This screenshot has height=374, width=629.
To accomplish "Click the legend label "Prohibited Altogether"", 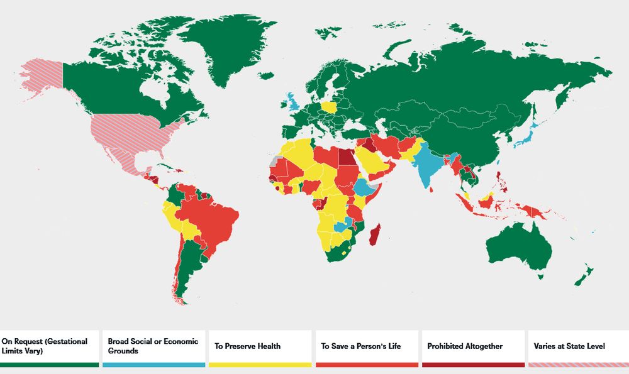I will click(x=465, y=346).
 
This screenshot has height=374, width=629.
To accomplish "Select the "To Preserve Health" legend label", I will click(x=247, y=346).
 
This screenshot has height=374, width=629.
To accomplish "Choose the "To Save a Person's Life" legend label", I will click(x=357, y=346).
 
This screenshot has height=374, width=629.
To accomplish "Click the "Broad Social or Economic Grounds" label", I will click(x=153, y=346).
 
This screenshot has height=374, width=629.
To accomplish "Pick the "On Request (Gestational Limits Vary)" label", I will click(x=45, y=346).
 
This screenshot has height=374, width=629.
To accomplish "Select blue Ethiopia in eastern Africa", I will click(x=364, y=187).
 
